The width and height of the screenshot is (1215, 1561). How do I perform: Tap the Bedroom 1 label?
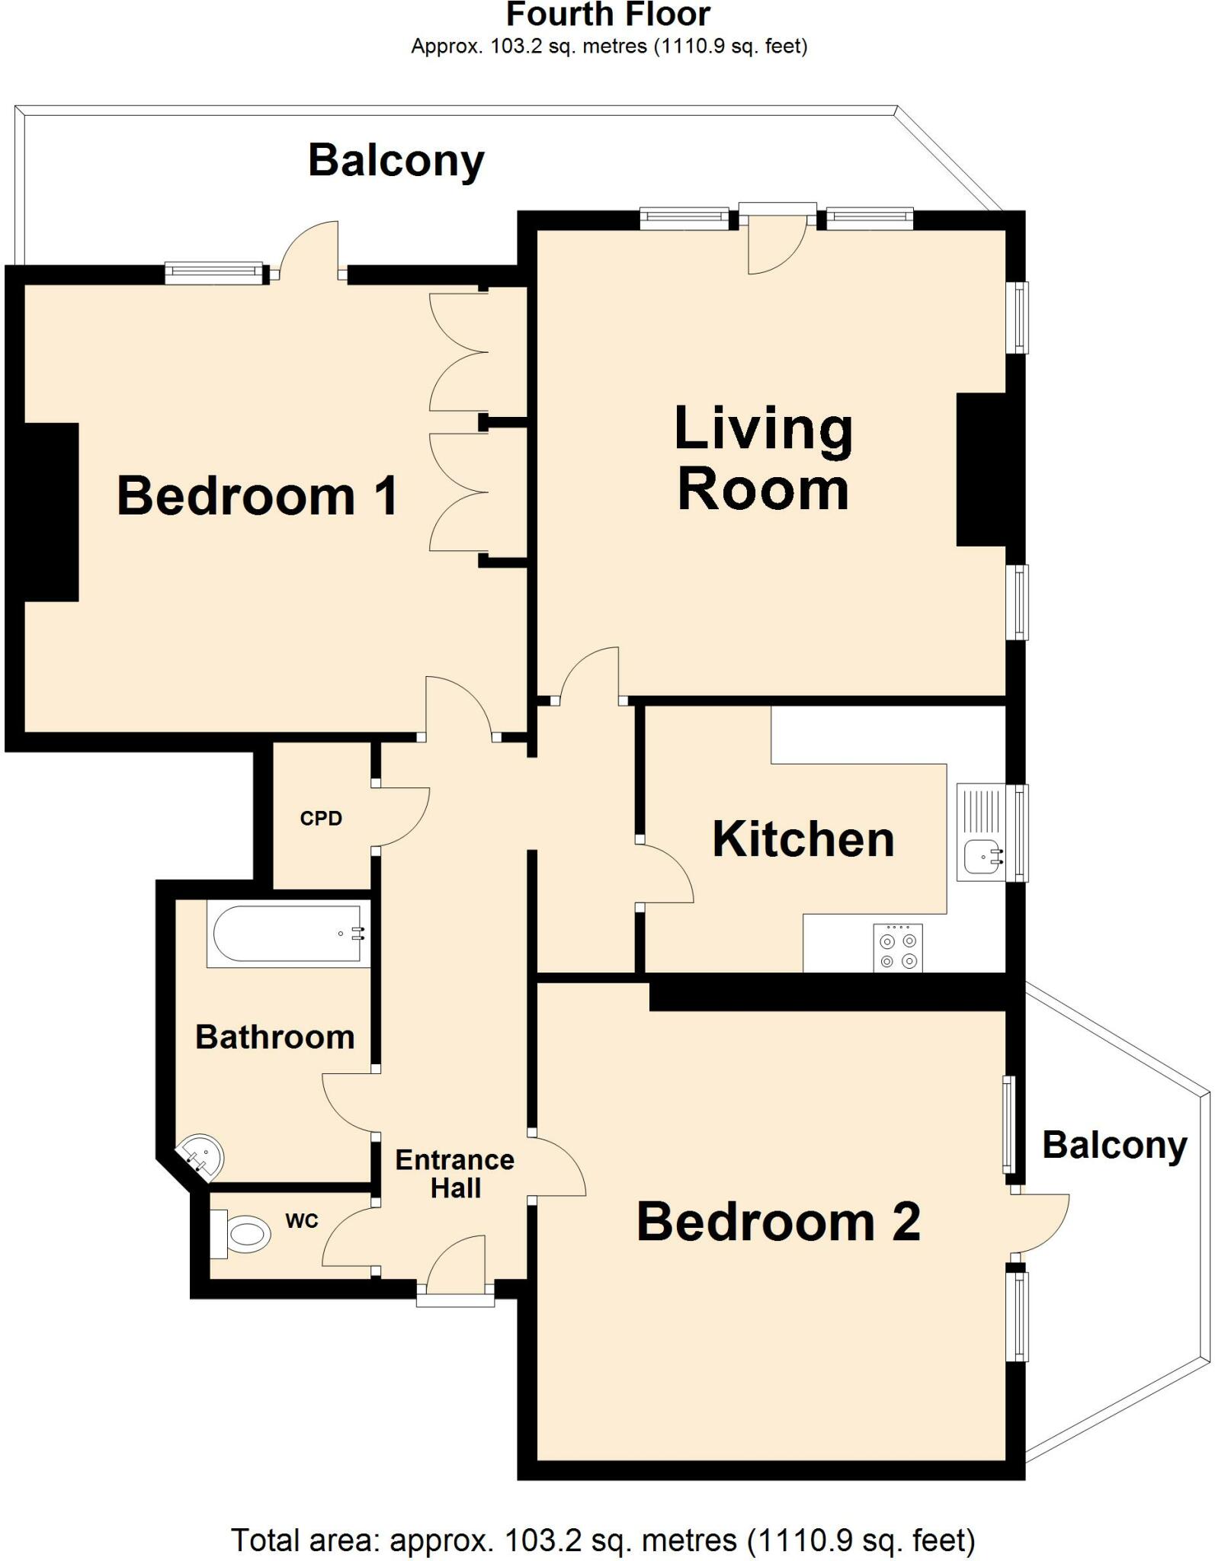pos(258,496)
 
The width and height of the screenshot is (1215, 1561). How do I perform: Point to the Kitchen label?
pos(803,840)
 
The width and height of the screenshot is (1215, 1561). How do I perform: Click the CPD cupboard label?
pos(321,819)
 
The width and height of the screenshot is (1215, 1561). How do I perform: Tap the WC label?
pos(302,1221)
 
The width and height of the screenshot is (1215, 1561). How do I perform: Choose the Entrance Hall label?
pos(455,1174)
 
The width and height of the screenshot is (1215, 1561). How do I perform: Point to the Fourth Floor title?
pos(608,15)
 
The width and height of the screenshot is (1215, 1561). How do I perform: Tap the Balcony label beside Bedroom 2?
pos(1114,1146)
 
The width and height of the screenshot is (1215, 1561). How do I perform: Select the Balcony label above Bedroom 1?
pos(396,161)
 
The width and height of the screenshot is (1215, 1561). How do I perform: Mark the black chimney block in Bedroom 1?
pos(52,512)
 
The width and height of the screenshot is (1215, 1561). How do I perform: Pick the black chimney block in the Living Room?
pos(982,470)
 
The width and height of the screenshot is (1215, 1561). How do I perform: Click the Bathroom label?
pos(275,1037)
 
